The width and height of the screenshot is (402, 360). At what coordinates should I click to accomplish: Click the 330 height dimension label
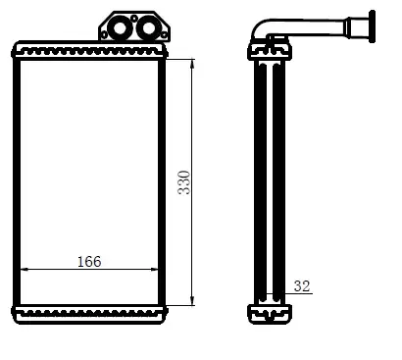tap(184, 182)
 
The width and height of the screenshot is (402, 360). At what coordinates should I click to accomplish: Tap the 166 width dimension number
tap(89, 262)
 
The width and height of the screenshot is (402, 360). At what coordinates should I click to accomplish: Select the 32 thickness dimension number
tap(302, 286)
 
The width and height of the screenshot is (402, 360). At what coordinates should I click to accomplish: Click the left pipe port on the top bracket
tap(120, 28)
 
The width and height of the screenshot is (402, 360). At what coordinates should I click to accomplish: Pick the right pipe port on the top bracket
tap(148, 28)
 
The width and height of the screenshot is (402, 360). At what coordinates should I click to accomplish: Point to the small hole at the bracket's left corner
tap(104, 34)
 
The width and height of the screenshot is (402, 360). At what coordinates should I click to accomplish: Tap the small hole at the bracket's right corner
tap(164, 34)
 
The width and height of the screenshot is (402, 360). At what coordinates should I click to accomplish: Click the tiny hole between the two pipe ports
tap(134, 19)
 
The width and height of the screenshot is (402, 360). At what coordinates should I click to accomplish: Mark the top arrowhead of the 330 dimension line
tap(192, 64)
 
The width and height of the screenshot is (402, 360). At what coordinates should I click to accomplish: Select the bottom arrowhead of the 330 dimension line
tap(192, 301)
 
